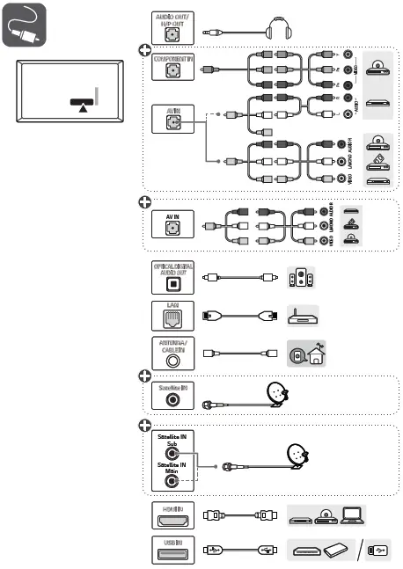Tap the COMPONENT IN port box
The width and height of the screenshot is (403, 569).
coord(172,69)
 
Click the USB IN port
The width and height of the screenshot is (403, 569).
coord(172,549)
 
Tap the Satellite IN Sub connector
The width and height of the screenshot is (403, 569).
coord(172,455)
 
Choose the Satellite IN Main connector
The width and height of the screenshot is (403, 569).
coord(172,482)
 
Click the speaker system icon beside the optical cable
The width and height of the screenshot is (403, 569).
coord(299,280)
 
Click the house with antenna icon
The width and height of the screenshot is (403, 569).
coord(304,354)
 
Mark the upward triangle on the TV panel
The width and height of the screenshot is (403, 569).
coord(81,108)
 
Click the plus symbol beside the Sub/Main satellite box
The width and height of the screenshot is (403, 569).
coord(145,426)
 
